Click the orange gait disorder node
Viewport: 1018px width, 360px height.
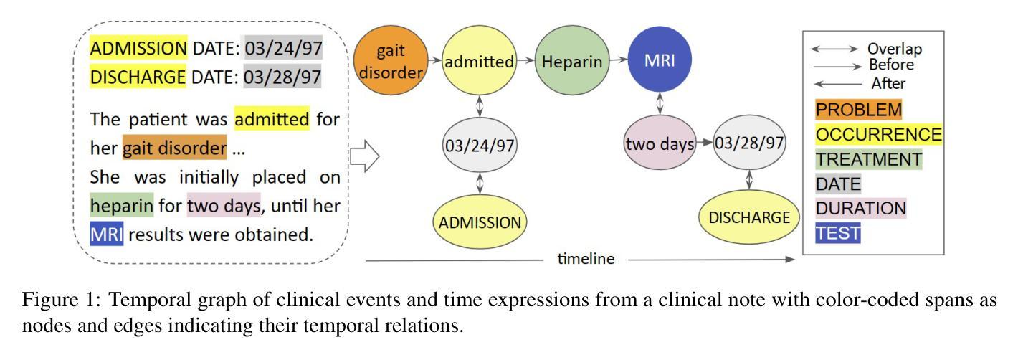[x=391, y=61]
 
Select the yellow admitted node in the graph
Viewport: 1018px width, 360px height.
[x=480, y=62]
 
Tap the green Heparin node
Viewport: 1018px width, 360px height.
[x=571, y=62]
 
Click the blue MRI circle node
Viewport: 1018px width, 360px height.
[x=660, y=61]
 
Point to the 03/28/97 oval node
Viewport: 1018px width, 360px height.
[x=749, y=143]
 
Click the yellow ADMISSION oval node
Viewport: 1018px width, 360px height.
[x=480, y=222]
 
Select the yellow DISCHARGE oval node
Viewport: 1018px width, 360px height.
[x=749, y=217]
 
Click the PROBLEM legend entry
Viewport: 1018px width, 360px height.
[x=858, y=110]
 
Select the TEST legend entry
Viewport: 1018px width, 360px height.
[x=837, y=233]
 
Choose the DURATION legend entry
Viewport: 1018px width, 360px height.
[x=861, y=209]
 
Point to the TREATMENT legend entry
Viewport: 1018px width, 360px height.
[x=868, y=159]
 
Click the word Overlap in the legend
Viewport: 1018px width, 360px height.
[x=894, y=49]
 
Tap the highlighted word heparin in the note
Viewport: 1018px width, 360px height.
[x=122, y=207]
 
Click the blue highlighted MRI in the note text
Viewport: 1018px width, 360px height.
[x=107, y=234]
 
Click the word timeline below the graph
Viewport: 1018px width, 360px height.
[x=586, y=260]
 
